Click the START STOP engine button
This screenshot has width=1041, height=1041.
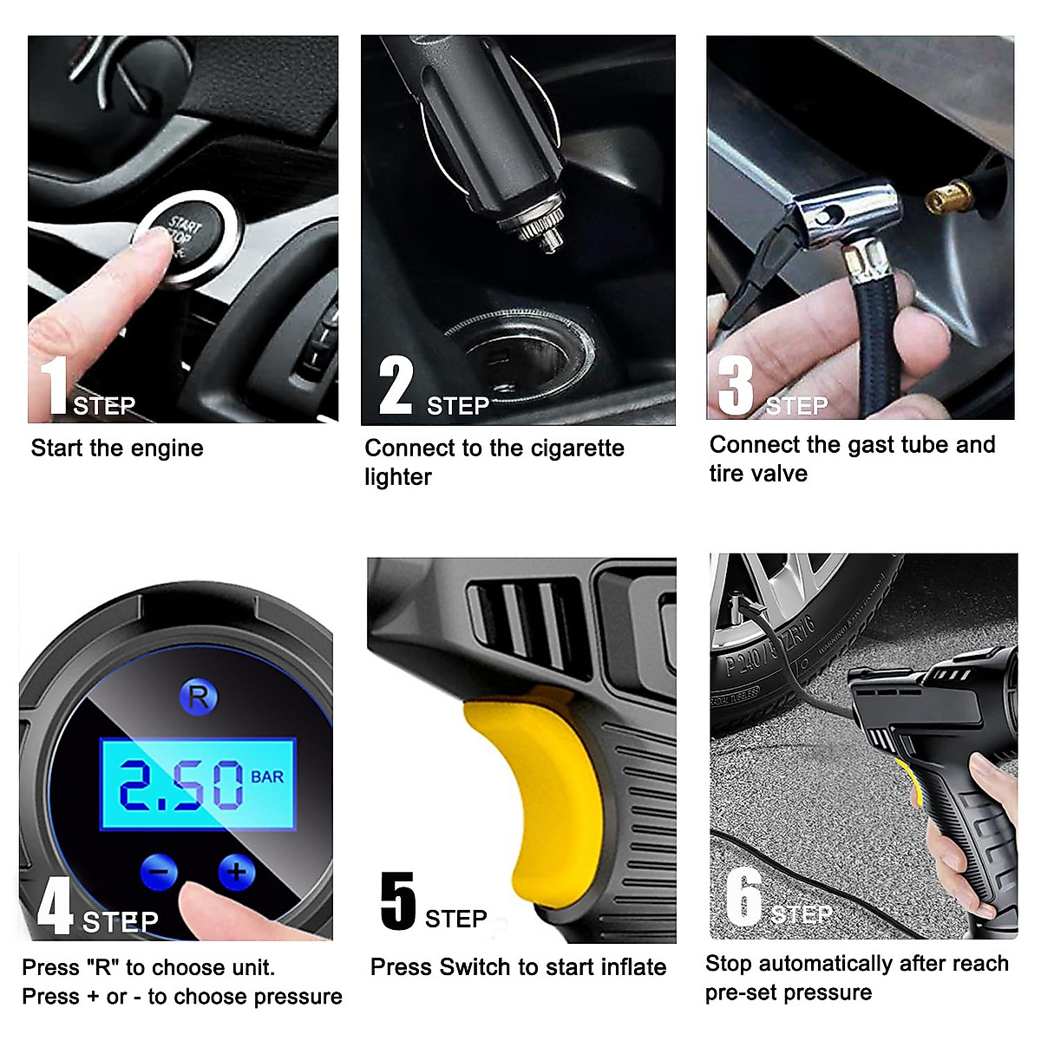(x=185, y=237)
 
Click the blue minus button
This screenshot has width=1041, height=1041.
(x=159, y=872)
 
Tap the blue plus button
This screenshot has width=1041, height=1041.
(x=236, y=871)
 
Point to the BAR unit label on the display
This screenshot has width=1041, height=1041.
(x=267, y=776)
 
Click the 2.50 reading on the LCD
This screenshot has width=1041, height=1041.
(x=181, y=785)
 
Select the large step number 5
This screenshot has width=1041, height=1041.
(x=398, y=901)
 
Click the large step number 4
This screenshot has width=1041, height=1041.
(x=55, y=906)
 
